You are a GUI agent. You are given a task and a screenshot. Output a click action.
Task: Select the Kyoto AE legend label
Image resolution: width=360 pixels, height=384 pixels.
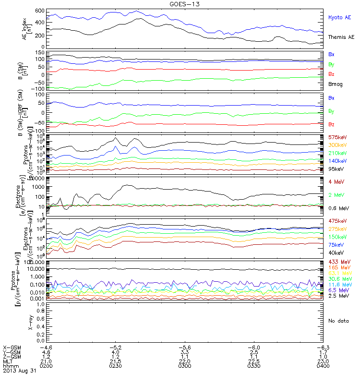(340, 17)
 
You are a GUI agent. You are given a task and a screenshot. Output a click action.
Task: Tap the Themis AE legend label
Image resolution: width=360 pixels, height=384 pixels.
(341, 37)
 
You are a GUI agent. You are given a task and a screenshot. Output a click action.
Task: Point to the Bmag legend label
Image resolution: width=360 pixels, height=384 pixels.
(335, 84)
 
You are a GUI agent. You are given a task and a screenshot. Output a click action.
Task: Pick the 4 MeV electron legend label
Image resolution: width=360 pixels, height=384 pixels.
(335, 182)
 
